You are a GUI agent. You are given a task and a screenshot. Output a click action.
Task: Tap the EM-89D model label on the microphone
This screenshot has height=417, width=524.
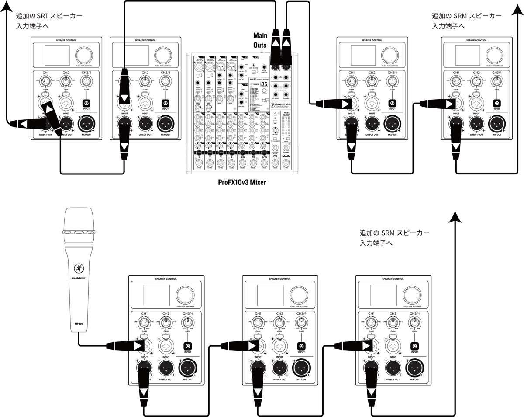tap(79, 324)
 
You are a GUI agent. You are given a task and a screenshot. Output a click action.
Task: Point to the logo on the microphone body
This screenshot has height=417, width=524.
tap(79, 268)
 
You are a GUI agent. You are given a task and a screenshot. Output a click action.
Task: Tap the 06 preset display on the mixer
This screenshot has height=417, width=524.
tap(264, 84)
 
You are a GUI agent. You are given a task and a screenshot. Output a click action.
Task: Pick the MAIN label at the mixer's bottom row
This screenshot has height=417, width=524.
tap(286, 156)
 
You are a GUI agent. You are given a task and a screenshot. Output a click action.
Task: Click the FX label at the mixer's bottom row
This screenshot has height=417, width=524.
tap(275, 156)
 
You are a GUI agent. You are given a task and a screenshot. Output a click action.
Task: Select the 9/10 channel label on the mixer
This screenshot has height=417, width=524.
tap(264, 157)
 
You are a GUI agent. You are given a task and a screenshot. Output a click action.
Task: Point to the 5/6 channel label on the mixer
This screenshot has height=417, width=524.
tap(242, 157)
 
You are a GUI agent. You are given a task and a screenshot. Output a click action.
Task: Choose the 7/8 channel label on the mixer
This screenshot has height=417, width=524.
tap(253, 157)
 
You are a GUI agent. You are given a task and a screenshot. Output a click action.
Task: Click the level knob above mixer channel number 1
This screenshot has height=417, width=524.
tap(199, 163)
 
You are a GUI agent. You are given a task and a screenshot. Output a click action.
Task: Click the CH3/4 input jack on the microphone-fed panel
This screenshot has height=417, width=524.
tap(187, 345)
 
